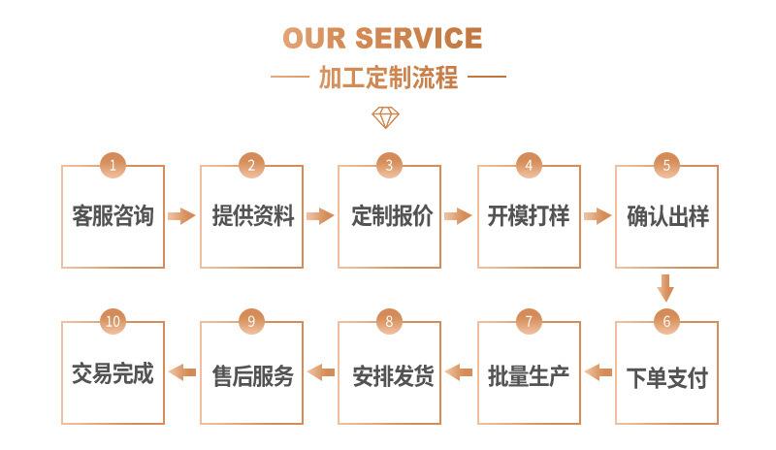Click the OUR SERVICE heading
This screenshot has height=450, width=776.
[382, 38]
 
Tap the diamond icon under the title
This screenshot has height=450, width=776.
[385, 117]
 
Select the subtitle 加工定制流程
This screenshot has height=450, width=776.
[389, 78]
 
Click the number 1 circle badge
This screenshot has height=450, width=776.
[113, 165]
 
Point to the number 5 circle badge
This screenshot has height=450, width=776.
[666, 165]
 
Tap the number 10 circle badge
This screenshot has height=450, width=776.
[113, 321]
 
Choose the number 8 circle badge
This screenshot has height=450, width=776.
[389, 321]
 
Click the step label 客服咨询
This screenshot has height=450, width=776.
[113, 216]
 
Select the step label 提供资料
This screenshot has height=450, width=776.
[253, 216]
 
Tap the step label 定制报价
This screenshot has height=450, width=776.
[392, 216]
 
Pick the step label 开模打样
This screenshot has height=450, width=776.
[529, 216]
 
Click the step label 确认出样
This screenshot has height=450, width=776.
[668, 216]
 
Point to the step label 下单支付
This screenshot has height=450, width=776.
[667, 377]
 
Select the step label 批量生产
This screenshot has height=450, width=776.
[529, 376]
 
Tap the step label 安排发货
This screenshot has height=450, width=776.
[393, 376]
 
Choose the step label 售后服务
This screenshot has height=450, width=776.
[253, 376]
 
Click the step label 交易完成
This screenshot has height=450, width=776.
[113, 373]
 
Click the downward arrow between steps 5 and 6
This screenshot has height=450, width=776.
[665, 288]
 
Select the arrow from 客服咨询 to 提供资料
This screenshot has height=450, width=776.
[181, 216]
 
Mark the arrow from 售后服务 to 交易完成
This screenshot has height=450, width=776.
[182, 372]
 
